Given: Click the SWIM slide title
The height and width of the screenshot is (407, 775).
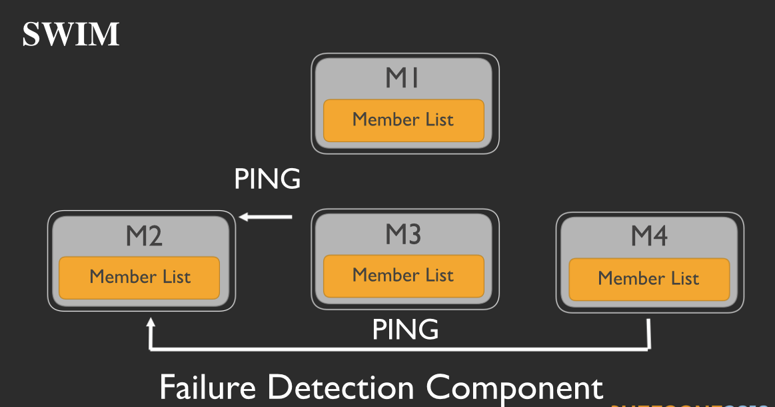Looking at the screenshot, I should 71,34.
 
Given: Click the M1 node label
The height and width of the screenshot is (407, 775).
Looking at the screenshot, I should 402,78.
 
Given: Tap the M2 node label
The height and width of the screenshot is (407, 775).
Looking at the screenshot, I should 144,236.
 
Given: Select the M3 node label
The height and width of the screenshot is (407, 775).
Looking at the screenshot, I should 402,234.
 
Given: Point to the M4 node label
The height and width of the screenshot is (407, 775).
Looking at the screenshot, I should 649,236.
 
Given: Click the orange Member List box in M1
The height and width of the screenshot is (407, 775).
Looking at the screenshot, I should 403,120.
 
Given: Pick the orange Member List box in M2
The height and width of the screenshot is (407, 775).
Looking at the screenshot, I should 139,277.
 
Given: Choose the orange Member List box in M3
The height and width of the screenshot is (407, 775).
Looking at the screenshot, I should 403,275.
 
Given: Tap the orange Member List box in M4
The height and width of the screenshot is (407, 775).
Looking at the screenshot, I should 648,278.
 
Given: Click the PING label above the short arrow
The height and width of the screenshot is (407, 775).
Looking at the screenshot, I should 267,179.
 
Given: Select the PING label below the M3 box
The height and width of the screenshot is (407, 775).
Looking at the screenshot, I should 405,330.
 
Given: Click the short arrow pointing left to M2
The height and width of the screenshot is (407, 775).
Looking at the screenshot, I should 267,216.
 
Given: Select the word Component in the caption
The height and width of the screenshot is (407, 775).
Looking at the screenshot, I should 514,388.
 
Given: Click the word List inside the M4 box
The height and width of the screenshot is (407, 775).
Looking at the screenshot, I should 682,278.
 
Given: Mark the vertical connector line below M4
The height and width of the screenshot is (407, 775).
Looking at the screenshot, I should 649,334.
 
